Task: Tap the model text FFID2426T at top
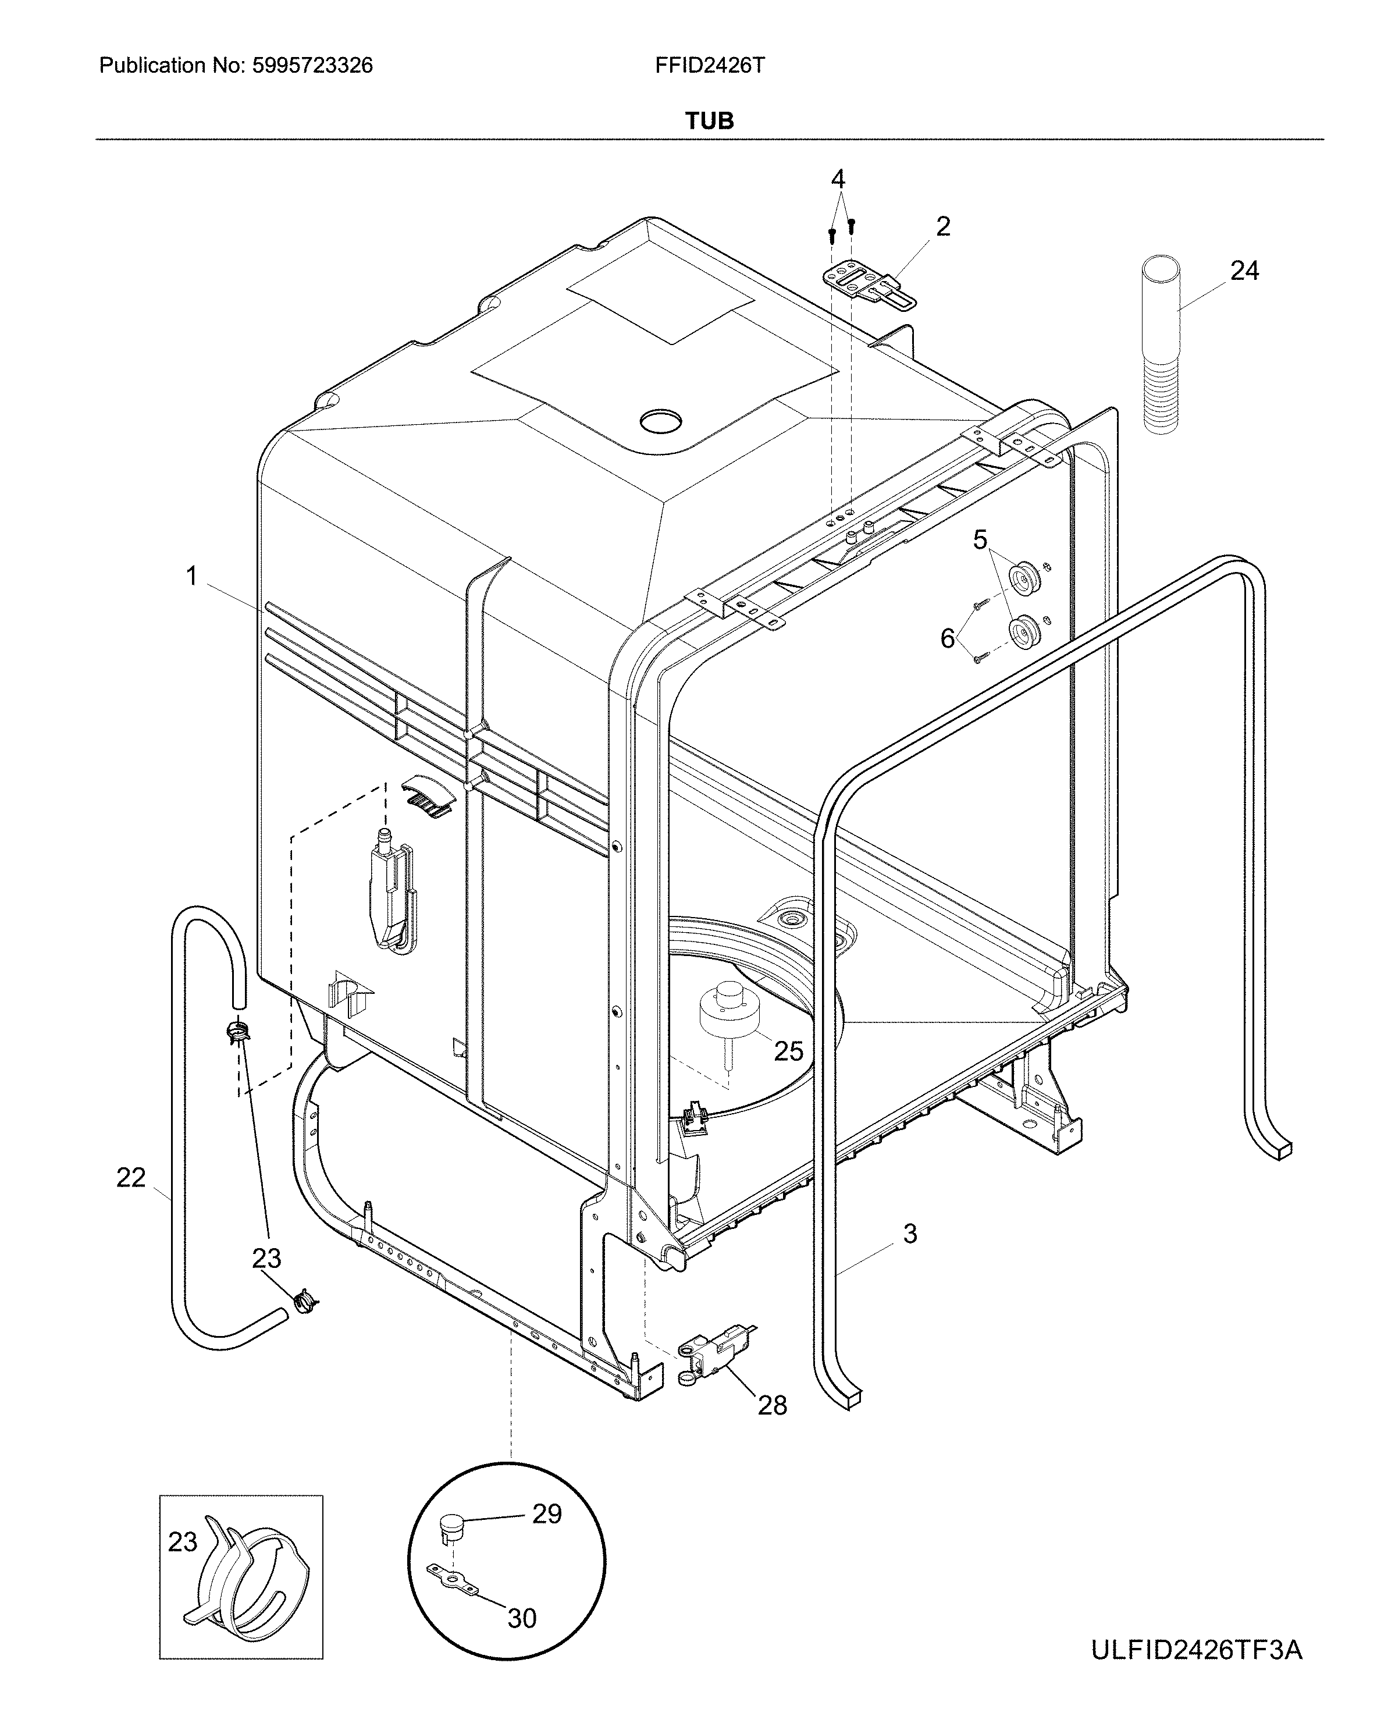(710, 66)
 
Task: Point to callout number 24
(1244, 271)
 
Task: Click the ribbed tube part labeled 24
(1162, 346)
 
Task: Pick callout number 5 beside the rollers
(980, 540)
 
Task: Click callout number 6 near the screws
(948, 638)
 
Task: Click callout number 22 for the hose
(131, 1178)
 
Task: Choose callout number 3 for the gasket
(910, 1233)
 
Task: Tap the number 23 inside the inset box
(183, 1542)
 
